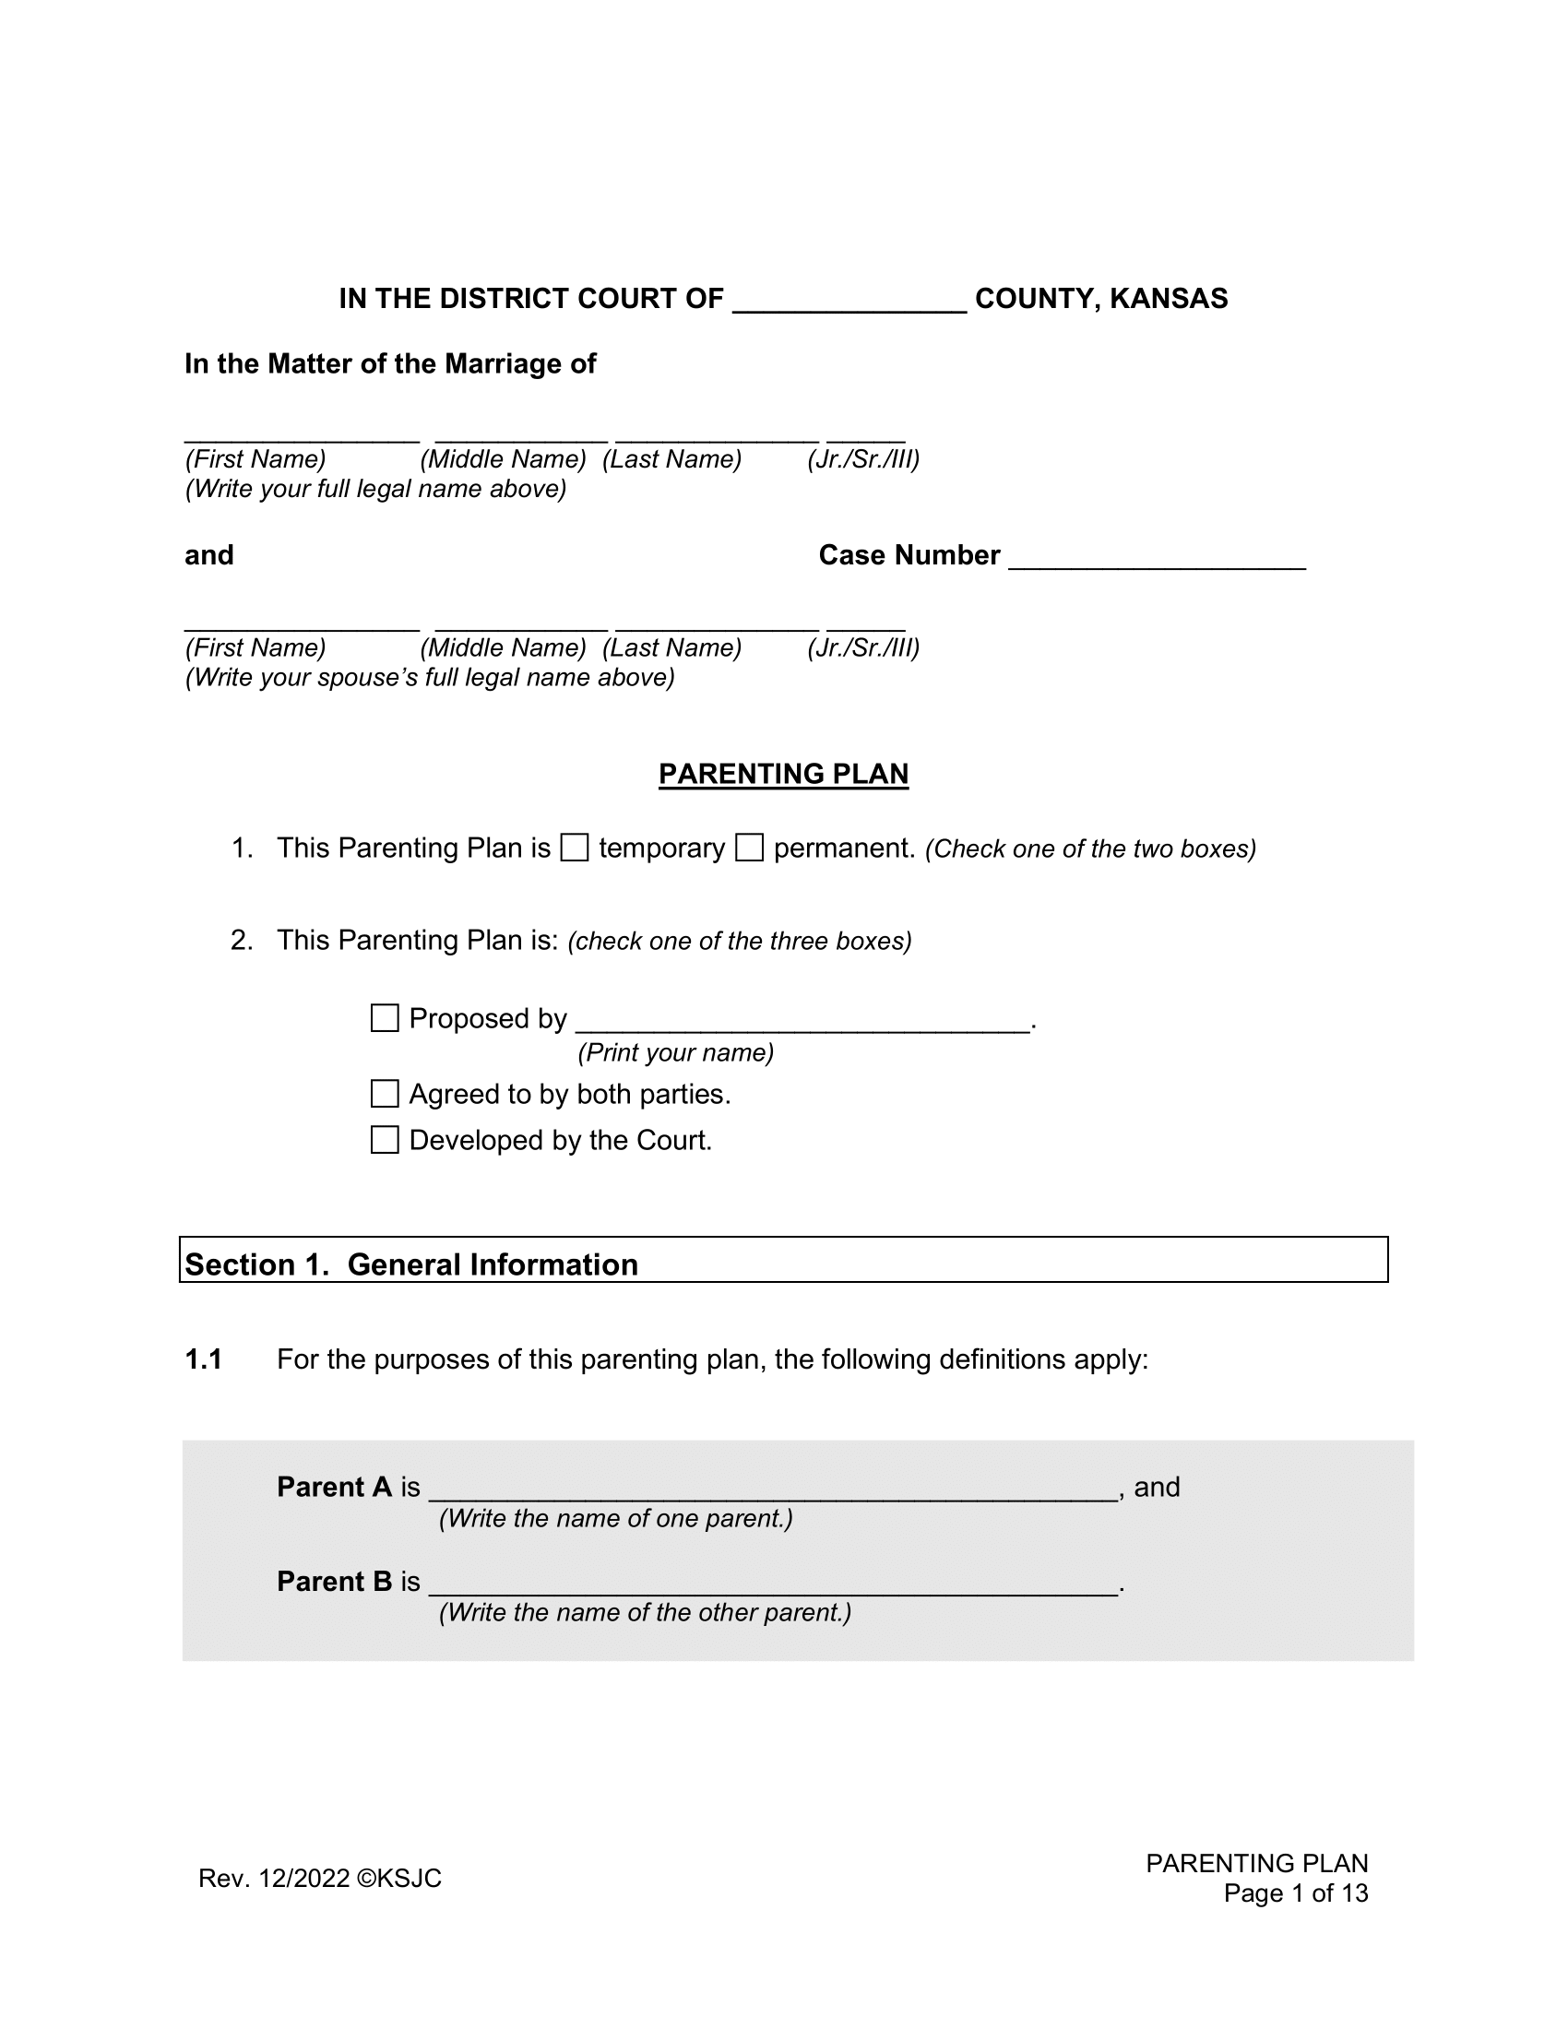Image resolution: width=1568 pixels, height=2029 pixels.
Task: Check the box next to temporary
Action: click(574, 848)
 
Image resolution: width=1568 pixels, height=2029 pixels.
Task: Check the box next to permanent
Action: click(749, 848)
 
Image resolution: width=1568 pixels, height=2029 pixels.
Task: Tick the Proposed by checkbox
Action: click(385, 1018)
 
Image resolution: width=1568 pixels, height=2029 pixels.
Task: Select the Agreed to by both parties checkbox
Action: click(385, 1094)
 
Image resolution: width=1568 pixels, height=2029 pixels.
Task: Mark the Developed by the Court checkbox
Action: click(385, 1140)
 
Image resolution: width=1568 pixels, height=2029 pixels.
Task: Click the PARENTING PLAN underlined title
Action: click(783, 774)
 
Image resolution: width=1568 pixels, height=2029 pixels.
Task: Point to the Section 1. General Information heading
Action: click(411, 1264)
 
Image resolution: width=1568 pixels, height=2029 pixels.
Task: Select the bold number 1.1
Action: click(204, 1359)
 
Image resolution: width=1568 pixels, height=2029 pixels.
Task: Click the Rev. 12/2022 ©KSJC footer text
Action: click(319, 1879)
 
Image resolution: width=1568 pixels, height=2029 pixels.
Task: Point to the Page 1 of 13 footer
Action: click(1295, 1893)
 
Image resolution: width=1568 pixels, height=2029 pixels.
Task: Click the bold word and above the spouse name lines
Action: click(209, 554)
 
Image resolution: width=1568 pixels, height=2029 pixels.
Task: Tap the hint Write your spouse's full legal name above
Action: click(429, 677)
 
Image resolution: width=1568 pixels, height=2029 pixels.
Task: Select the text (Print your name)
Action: click(675, 1052)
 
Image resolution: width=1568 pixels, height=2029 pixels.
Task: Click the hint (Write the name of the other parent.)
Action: click(645, 1613)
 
